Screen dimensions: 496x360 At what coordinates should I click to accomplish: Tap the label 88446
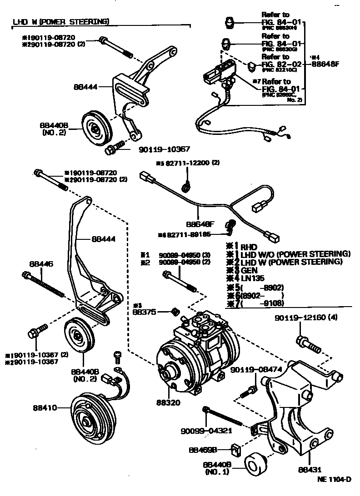(41, 263)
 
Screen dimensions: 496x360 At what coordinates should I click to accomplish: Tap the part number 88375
(144, 312)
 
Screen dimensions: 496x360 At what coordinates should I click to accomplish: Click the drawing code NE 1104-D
(334, 479)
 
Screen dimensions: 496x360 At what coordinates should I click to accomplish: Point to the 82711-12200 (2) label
(191, 163)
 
